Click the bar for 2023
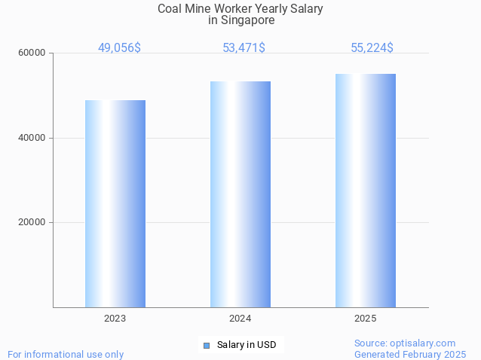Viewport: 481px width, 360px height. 115,203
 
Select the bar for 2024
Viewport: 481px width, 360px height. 240,194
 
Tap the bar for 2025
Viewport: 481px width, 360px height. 366,191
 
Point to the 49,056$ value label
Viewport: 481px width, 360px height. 119,48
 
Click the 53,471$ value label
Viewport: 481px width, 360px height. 244,48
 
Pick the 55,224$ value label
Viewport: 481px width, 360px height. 372,48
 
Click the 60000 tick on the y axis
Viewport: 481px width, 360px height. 32,53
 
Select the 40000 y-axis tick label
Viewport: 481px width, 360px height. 32,138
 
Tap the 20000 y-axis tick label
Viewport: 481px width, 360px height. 32,223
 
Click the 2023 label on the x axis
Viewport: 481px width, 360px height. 115,319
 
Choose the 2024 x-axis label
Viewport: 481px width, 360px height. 240,319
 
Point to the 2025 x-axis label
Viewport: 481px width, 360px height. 365,319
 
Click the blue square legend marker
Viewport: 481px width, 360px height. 206,346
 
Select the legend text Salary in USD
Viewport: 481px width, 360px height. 247,346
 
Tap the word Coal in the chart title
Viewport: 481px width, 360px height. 170,9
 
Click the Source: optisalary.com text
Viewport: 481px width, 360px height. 405,343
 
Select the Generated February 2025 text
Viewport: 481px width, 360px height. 410,354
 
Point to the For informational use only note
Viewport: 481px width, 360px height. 66,354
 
